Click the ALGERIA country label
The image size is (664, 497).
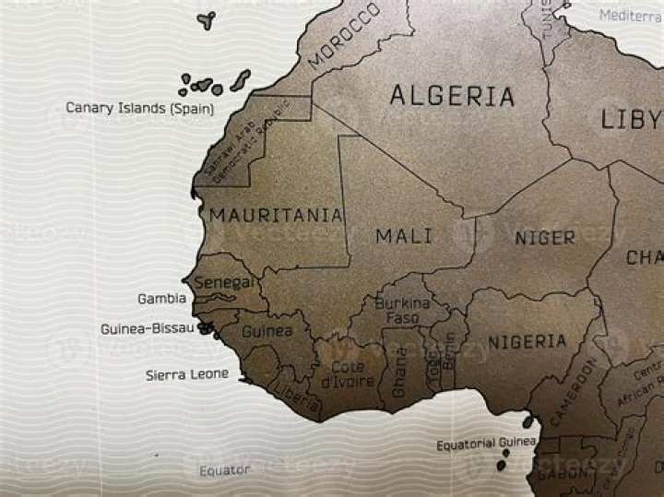(x=451, y=95)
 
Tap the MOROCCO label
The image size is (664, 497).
(x=343, y=36)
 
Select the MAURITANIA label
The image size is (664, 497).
(x=276, y=216)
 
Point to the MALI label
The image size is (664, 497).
(x=404, y=236)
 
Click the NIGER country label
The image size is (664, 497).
(x=544, y=238)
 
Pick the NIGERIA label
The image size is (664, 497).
(x=527, y=342)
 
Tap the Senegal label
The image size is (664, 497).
(x=222, y=282)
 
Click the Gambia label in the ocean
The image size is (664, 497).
(x=161, y=299)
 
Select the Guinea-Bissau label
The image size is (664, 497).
(x=148, y=328)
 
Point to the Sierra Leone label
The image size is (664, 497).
(x=187, y=374)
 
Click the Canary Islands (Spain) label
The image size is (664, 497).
(x=139, y=108)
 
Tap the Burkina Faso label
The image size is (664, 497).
(x=402, y=310)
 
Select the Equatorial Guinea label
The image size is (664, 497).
(x=486, y=444)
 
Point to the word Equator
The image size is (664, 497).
(x=225, y=470)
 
